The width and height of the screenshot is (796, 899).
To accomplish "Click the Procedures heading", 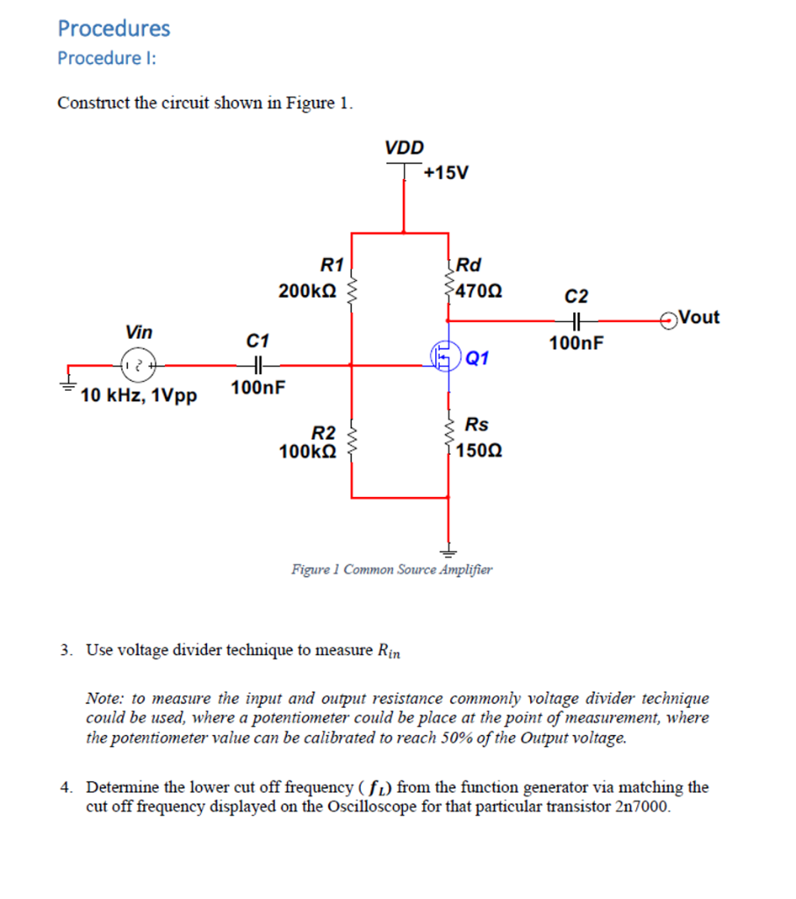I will click(x=114, y=28).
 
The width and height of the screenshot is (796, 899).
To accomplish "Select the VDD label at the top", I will click(x=404, y=147).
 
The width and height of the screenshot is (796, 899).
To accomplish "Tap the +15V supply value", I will click(x=446, y=172).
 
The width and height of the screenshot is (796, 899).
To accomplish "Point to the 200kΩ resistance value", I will click(x=306, y=290).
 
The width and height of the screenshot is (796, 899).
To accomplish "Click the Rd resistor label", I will click(x=470, y=264).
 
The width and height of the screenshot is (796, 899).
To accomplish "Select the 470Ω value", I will click(x=478, y=290).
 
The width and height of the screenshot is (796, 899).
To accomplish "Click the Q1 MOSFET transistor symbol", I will click(x=446, y=356).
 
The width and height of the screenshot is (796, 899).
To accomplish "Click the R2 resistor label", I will click(x=325, y=433).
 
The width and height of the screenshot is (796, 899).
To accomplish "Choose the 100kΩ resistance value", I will click(x=306, y=452).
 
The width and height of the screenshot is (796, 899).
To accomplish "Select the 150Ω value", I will click(x=481, y=451).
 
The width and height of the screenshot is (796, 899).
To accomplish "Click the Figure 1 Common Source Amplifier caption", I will click(x=392, y=570).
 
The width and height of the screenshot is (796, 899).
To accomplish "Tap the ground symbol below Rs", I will click(x=448, y=552).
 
